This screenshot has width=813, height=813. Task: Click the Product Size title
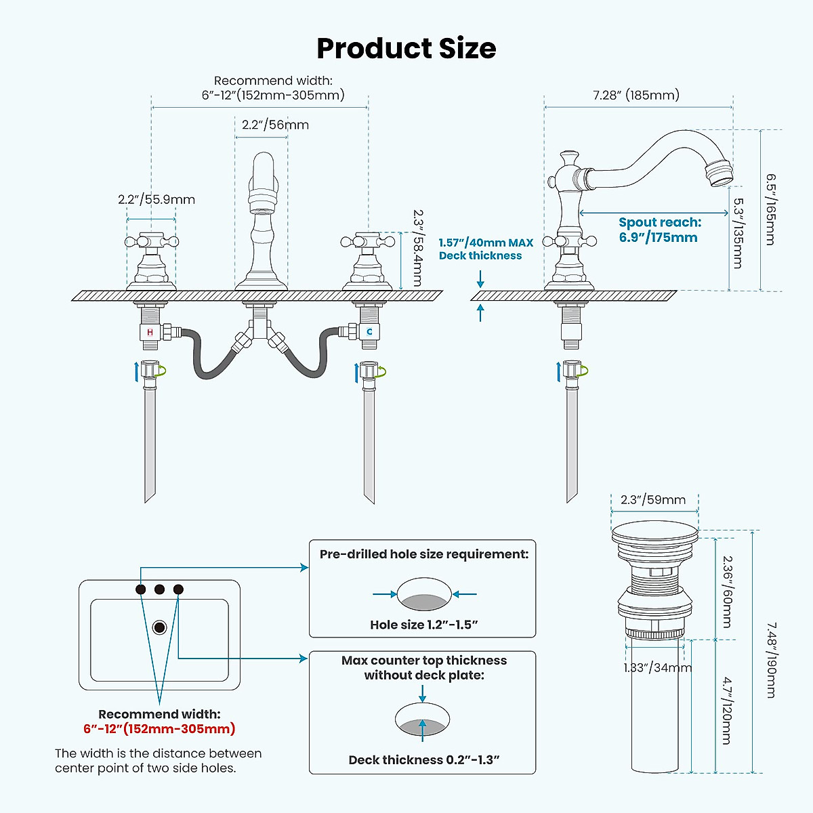pos(406,49)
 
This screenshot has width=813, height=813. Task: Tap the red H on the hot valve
pos(150,333)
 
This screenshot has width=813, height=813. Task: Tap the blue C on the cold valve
pos(369,332)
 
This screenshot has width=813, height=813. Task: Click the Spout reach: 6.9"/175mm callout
pos(659,230)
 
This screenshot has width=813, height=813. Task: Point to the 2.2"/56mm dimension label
pos(275,125)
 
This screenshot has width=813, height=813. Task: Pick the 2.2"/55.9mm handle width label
pos(157,200)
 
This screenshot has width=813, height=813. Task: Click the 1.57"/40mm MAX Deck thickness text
pos(485,249)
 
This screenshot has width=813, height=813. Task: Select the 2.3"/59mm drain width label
pos(653,500)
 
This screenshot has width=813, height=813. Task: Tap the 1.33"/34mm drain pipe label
pos(657,668)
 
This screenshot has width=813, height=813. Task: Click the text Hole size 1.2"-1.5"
pos(423,625)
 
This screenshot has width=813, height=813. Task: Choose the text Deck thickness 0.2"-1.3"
pos(423,759)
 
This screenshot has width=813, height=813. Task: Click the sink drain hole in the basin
pos(160,627)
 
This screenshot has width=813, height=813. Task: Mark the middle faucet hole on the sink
pos(159,589)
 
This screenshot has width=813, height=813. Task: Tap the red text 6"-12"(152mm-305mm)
pos(159,729)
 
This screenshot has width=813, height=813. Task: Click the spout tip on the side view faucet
pos(720,171)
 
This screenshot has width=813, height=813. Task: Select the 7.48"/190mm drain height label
pos(771,660)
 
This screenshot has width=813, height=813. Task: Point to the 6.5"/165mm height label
pos(771,209)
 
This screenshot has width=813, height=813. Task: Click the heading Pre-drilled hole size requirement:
pos(423,554)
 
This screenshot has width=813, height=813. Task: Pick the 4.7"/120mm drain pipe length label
pos(726,710)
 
